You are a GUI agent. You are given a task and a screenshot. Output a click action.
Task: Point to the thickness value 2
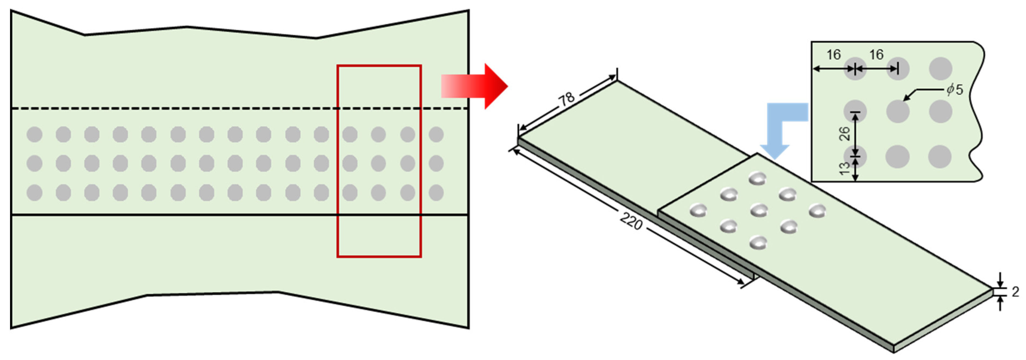(x=1015, y=292)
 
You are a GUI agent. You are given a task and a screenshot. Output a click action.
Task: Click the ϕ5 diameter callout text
(x=955, y=90)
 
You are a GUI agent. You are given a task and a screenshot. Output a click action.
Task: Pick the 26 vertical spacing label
(x=844, y=134)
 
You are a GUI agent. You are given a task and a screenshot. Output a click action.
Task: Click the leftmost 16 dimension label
(x=834, y=55)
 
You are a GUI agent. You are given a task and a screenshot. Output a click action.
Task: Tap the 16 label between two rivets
(x=876, y=55)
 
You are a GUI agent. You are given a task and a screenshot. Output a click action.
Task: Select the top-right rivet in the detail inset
(x=940, y=68)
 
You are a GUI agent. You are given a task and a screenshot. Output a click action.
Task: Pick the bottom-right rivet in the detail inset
(x=940, y=156)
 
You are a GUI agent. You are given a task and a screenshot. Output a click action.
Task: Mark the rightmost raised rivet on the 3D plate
(x=817, y=210)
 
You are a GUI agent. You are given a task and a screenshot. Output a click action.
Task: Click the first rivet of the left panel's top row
(x=35, y=135)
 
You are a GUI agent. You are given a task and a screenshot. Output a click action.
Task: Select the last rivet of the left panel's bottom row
(x=436, y=193)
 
